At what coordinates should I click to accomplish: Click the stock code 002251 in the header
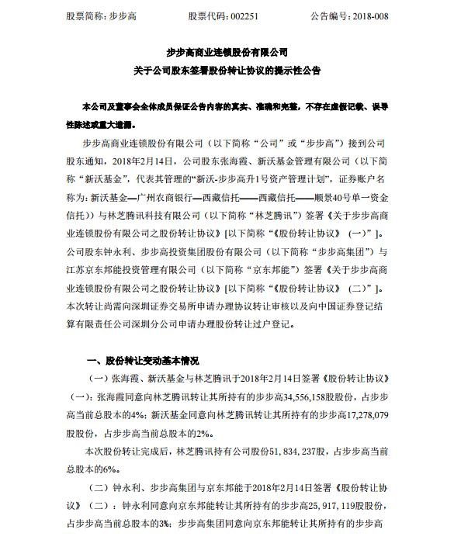pos(221,15)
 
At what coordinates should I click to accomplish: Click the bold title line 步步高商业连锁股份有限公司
pos(227,54)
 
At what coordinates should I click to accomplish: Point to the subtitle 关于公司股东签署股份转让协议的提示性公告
pos(227,71)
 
